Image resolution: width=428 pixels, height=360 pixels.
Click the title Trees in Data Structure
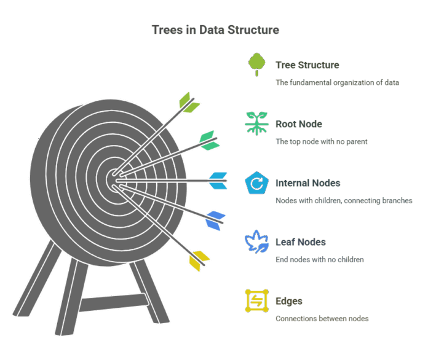click(x=215, y=29)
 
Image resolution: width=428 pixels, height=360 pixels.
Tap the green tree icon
click(x=256, y=65)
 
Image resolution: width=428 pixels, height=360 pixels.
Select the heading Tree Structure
click(x=307, y=65)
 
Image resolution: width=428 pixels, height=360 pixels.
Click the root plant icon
click(x=256, y=123)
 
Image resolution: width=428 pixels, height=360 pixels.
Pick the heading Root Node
click(x=299, y=124)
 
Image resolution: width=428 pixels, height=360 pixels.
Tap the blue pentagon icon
click(x=256, y=182)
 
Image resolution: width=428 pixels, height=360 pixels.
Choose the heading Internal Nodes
click(x=308, y=183)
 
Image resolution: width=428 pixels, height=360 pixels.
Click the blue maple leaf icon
click(x=256, y=241)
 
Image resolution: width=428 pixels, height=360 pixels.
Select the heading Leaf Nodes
click(x=301, y=242)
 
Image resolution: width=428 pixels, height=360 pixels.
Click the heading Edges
click(x=289, y=301)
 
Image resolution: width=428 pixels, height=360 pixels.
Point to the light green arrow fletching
click(x=189, y=103)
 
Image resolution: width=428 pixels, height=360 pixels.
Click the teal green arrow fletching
click(x=209, y=141)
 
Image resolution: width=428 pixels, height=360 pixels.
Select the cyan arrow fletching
click(x=218, y=181)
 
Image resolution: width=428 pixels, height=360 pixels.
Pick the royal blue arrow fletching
click(x=215, y=221)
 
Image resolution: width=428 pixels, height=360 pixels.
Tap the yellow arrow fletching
click(x=199, y=261)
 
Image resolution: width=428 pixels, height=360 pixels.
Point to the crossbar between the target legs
click(x=114, y=302)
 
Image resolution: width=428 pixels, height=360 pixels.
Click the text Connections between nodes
click(x=322, y=319)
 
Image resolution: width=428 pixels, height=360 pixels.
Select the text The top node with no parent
click(x=322, y=141)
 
